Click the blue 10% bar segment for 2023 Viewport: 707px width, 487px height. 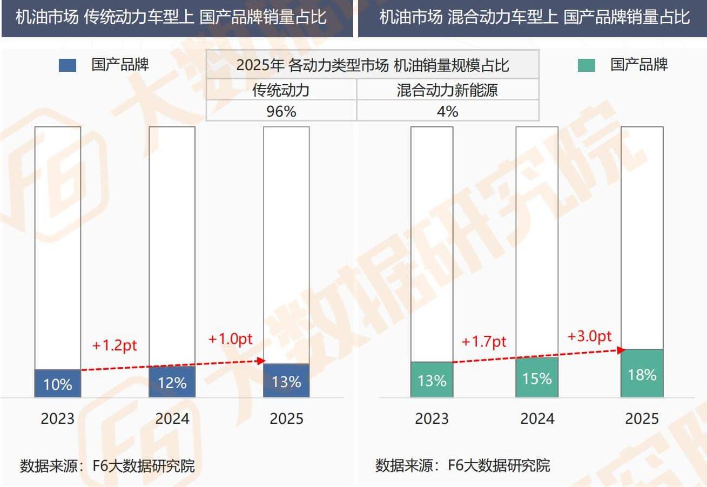point(58,384)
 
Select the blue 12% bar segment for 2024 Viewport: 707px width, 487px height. point(172,382)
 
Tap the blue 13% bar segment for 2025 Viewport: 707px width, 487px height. point(286,381)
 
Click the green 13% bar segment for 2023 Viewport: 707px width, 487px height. point(432,380)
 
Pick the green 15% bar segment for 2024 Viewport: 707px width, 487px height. point(537,377)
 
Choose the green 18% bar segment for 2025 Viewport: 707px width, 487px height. point(642,374)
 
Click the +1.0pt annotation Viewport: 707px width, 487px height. point(230,339)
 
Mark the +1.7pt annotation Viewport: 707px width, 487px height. point(483,341)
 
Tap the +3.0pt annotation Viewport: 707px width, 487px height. point(589,336)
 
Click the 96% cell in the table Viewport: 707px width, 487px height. point(281,111)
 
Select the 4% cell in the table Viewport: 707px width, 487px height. point(448,111)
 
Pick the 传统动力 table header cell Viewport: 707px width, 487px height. point(281,90)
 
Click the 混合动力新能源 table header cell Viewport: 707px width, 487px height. point(448,90)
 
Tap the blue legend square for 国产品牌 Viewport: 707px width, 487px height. point(68,65)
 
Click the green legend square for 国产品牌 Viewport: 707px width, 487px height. point(586,65)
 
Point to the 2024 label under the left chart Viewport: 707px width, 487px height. point(172,418)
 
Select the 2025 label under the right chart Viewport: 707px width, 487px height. point(642,418)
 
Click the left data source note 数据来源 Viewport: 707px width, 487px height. point(107,465)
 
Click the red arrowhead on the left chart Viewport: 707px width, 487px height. point(261,360)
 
